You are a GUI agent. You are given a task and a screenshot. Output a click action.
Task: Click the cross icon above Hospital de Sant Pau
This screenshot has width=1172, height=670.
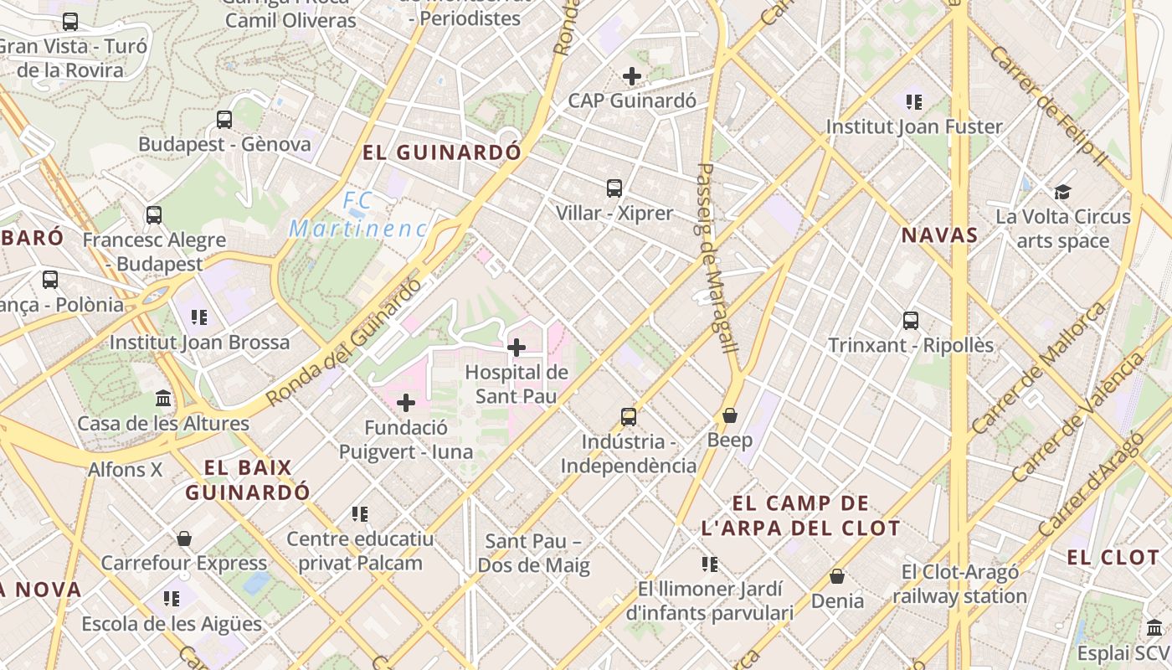coord(517,347)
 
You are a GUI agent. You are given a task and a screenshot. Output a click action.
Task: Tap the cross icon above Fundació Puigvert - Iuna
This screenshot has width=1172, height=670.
coord(406,403)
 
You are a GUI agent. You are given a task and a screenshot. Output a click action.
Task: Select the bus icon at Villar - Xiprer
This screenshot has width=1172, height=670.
coord(614,188)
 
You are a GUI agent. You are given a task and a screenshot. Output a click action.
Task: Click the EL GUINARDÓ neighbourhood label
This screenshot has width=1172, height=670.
coord(442,152)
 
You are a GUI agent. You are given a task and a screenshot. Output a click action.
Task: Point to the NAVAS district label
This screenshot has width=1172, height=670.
coord(939,235)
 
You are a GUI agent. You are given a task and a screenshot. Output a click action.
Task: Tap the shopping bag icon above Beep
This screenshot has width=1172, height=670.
coord(730,415)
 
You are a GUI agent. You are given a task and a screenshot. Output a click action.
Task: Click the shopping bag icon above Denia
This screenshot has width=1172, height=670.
coord(837,576)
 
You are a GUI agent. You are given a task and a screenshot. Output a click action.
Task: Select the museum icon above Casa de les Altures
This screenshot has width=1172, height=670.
coord(163,398)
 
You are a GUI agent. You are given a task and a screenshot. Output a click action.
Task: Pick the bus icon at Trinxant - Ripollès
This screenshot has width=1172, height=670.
coord(911,320)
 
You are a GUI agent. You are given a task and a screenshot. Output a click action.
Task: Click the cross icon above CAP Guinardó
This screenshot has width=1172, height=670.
coord(632,76)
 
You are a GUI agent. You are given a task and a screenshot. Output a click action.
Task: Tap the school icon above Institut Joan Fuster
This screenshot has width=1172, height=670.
coord(914,102)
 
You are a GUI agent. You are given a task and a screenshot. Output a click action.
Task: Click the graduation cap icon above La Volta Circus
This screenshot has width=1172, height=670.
coord(1062,192)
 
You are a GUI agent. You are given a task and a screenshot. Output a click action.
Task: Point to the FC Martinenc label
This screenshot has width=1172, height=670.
coord(358,214)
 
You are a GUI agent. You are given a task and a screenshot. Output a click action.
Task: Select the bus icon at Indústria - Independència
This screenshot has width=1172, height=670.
coord(629,416)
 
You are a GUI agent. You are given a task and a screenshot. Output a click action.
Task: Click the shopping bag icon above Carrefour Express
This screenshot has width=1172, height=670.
coord(184,538)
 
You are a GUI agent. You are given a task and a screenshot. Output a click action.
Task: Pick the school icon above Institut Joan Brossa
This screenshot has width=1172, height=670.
coord(199,317)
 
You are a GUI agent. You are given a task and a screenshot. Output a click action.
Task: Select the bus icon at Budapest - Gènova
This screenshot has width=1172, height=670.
coord(224,119)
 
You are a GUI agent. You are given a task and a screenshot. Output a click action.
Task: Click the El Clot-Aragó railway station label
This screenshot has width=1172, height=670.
coord(959,585)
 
